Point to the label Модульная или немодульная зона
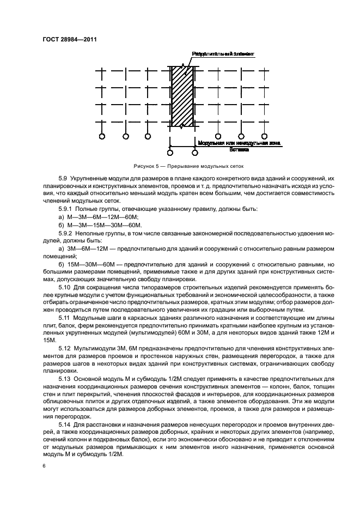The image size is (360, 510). tap(239, 143)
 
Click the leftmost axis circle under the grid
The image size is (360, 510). tap(102, 136)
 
